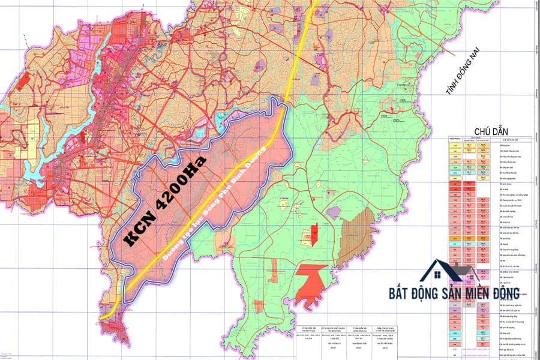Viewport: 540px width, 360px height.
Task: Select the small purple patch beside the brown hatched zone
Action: (334, 212)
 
